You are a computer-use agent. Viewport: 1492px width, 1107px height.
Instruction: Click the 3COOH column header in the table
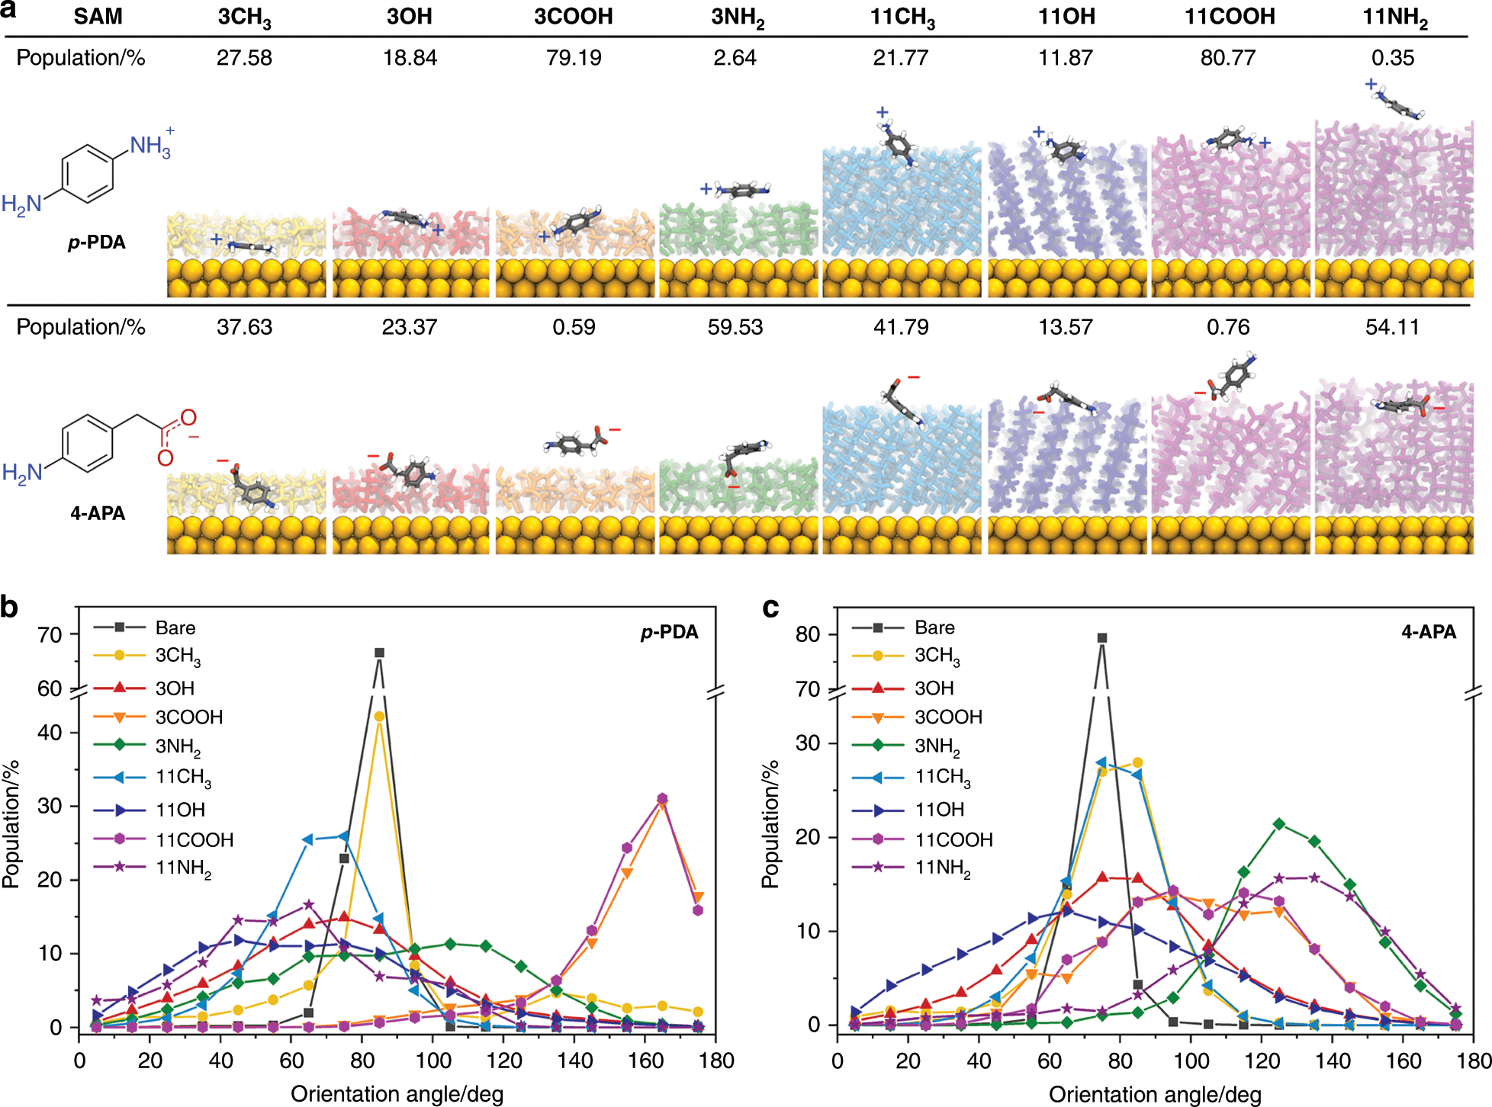pos(573,17)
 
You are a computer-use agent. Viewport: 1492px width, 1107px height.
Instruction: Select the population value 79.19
pos(573,58)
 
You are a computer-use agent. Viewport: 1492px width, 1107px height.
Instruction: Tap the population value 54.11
pos(1392,327)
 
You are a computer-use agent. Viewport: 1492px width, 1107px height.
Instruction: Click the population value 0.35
pos(1392,58)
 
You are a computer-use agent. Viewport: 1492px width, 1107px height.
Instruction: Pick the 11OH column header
pos(1066,17)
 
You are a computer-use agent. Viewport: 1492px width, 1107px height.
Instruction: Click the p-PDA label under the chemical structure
pos(96,242)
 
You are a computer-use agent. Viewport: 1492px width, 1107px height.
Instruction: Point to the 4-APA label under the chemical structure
pos(98,513)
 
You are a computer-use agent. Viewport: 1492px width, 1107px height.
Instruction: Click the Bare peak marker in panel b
pos(379,653)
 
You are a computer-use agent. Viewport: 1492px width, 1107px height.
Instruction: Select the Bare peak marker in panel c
pos(1101,638)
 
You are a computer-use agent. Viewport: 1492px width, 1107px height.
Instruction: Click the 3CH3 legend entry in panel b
pos(177,656)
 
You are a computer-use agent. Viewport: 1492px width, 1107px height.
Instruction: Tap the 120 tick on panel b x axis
pos(503,1060)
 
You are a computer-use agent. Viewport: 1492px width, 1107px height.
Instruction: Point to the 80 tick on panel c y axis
pos(807,634)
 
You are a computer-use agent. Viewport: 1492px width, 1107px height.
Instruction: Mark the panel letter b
pos(10,607)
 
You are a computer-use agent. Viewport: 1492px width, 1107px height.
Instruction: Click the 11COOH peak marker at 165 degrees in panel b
pos(662,798)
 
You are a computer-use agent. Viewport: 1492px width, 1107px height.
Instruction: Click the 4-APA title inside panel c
pos(1428,632)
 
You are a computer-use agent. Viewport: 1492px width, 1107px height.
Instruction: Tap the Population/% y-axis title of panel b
pos(11,823)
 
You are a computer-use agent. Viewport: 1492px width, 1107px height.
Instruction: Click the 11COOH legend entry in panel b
pos(194,839)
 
